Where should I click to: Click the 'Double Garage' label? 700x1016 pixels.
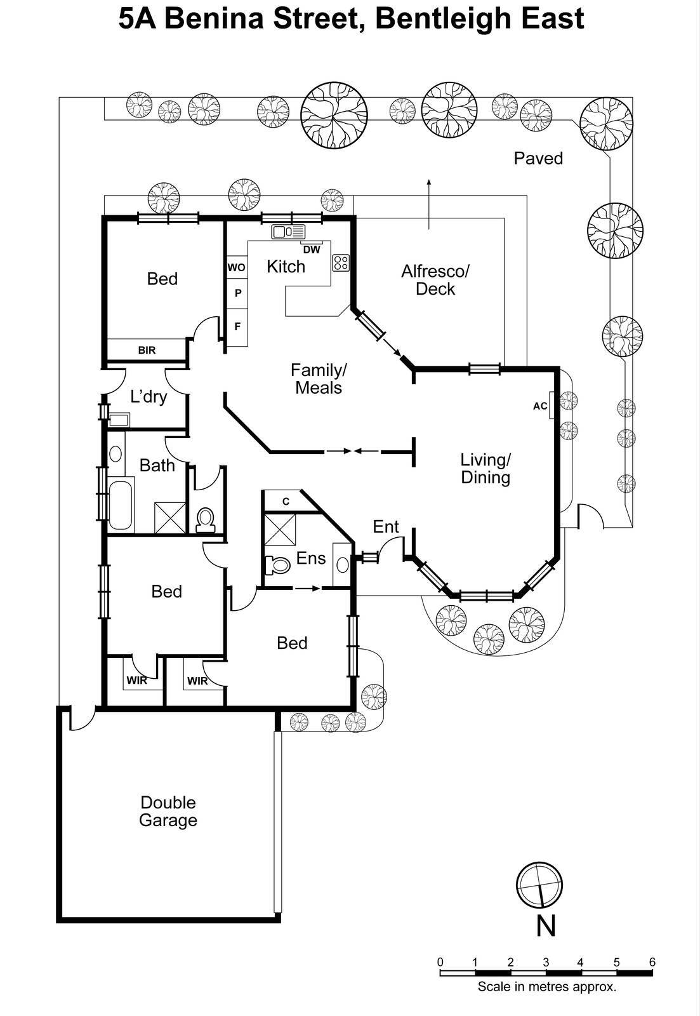168,811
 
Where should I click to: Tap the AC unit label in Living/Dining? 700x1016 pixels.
540,406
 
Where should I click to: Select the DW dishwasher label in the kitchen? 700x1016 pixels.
312,250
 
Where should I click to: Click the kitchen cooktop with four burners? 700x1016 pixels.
341,262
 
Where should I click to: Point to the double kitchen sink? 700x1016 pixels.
288,232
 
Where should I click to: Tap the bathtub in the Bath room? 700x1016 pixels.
121,505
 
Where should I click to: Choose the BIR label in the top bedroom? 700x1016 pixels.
147,350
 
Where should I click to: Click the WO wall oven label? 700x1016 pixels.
236,267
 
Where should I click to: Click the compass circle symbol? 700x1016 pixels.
539,885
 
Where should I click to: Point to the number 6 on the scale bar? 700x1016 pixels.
652,962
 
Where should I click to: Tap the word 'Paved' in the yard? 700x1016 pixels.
538,158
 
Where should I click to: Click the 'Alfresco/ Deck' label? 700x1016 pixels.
435,280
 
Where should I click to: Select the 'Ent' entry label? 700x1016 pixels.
386,526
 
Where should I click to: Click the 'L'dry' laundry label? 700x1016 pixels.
149,397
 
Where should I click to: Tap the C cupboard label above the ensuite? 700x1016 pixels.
286,501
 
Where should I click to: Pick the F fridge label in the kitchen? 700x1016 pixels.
237,326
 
